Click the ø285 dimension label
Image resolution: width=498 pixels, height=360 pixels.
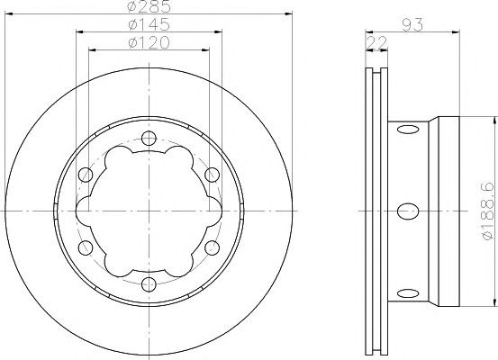click(x=149, y=6)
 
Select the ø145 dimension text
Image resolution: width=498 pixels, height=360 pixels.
click(x=149, y=24)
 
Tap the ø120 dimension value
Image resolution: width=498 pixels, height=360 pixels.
click(x=149, y=42)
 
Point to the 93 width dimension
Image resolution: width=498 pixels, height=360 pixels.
click(x=412, y=25)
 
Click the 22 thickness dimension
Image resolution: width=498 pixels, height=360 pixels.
click(x=376, y=42)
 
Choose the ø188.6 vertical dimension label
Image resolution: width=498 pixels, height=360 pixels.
click(x=488, y=211)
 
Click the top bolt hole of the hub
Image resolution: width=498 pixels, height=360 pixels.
click(x=149, y=138)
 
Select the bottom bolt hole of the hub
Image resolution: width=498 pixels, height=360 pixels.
click(x=149, y=284)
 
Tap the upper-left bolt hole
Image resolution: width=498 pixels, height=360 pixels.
click(x=86, y=175)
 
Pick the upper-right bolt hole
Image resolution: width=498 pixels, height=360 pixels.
click(x=212, y=175)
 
